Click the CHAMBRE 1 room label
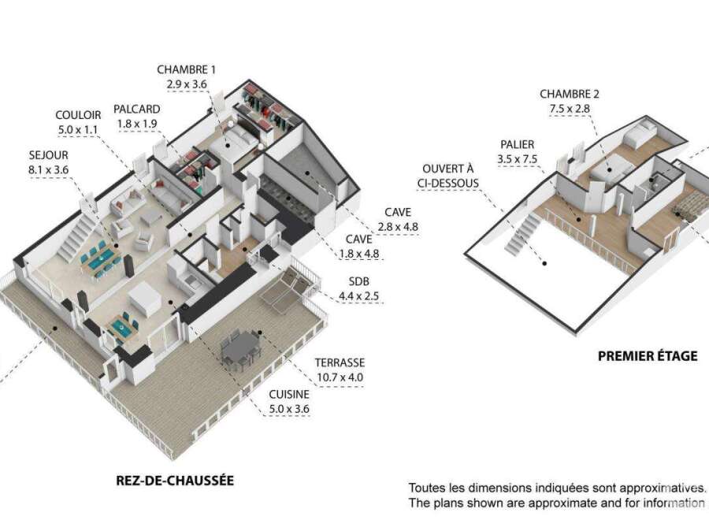[186, 69]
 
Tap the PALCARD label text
[136, 109]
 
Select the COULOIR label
[78, 115]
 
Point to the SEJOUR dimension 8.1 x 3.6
[48, 169]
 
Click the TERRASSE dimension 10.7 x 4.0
[340, 377]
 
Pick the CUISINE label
[289, 394]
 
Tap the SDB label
[359, 281]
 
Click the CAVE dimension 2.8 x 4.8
[398, 227]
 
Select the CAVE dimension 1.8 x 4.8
[359, 254]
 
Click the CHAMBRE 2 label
[570, 94]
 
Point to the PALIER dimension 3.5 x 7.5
[518, 159]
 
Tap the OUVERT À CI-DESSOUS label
[447, 176]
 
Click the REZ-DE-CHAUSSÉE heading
[175, 480]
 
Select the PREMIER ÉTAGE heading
[648, 356]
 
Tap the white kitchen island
[144, 299]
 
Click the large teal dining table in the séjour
[100, 262]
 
